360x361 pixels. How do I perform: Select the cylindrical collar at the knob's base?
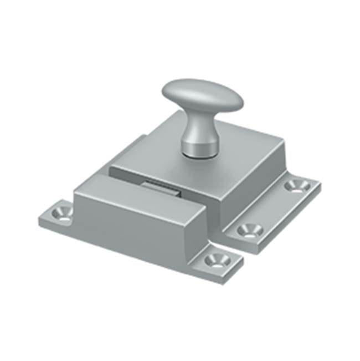199,148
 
